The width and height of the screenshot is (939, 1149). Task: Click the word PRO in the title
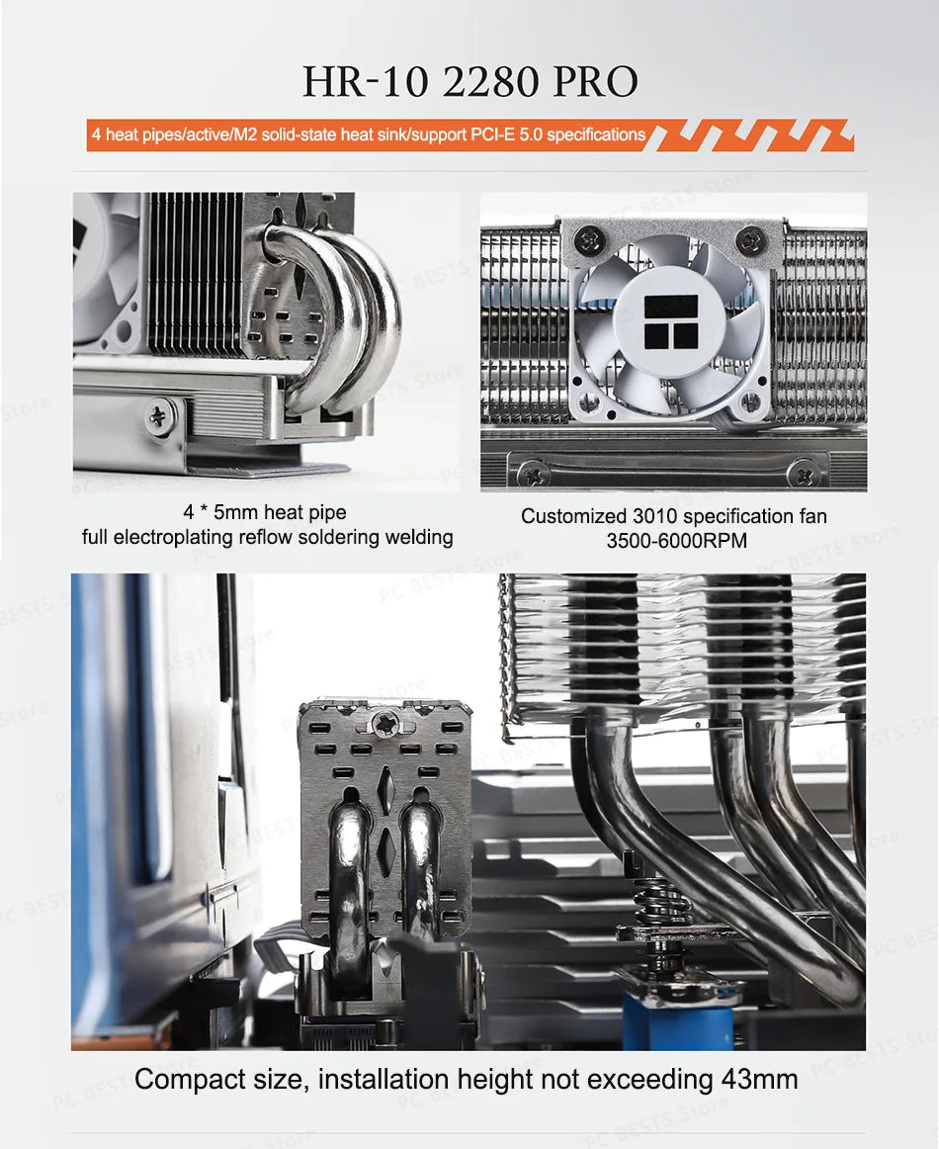click(x=595, y=81)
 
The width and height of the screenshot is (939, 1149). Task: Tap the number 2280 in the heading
click(x=490, y=81)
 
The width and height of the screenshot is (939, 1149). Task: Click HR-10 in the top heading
click(x=366, y=81)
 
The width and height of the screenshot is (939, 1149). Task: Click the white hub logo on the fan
click(x=671, y=321)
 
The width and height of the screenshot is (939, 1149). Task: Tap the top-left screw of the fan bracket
click(x=590, y=239)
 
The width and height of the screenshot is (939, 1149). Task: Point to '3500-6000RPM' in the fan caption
click(x=677, y=541)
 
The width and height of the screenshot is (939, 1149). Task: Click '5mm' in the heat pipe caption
click(x=235, y=512)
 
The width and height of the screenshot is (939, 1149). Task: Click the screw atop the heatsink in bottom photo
click(x=385, y=723)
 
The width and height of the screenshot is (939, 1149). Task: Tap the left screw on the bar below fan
click(x=533, y=473)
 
